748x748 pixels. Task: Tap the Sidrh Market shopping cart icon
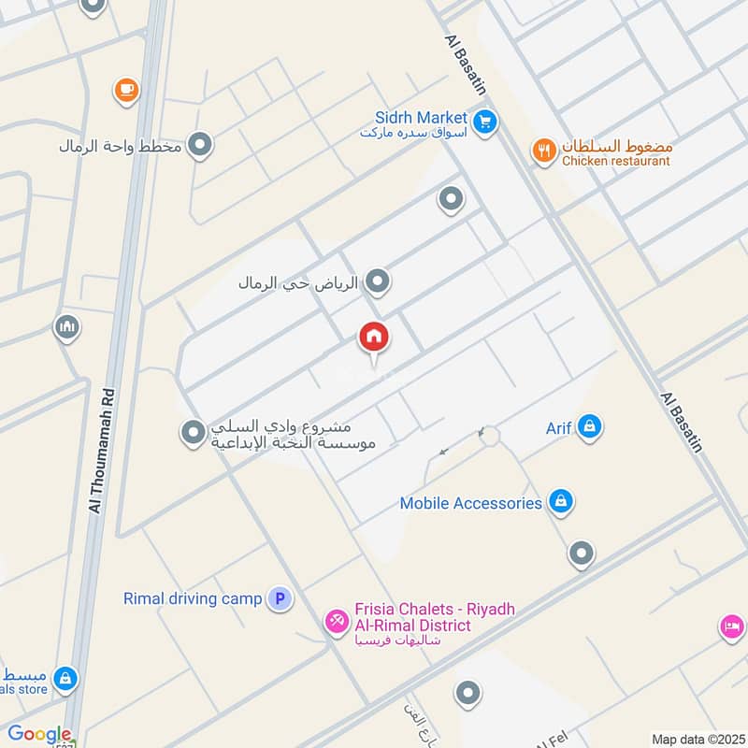[484, 121]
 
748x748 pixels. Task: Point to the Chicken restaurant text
[616, 161]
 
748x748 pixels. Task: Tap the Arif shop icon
[589, 427]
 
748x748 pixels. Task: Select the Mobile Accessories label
[470, 503]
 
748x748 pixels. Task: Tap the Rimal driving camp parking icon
[279, 598]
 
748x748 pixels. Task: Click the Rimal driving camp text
[193, 598]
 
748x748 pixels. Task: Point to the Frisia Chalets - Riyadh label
[435, 610]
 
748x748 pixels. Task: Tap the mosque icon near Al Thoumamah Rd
[67, 327]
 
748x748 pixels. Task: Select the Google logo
[39, 735]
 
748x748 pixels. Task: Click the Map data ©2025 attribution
[697, 739]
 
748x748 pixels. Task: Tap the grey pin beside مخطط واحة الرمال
[199, 145]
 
